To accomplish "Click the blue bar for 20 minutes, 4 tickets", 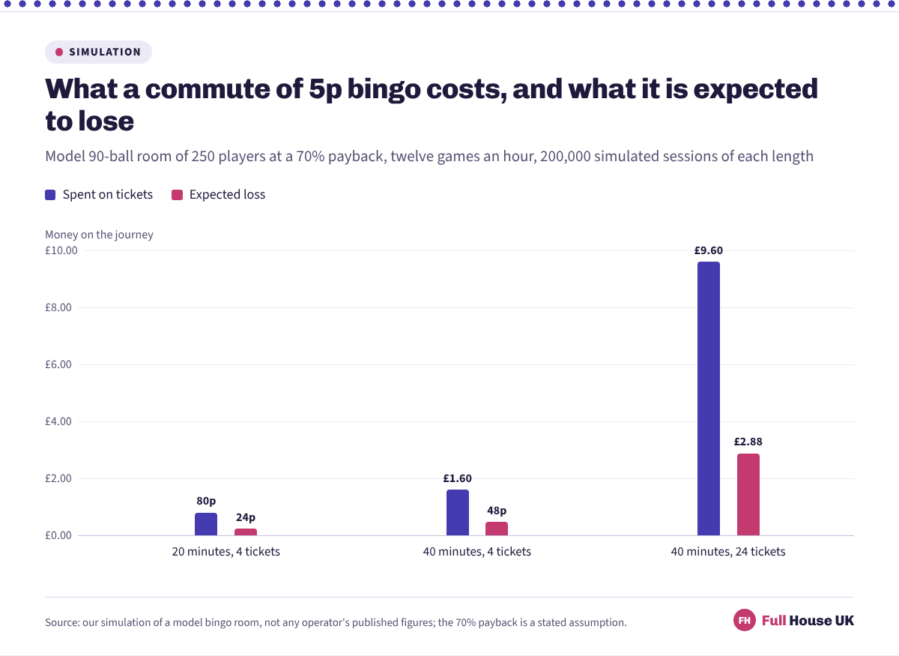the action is click(x=206, y=524).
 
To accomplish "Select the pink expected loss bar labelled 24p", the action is click(x=246, y=532).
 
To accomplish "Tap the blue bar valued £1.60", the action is click(x=458, y=513).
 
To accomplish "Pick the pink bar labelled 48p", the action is click(x=497, y=529).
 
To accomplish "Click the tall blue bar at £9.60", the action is click(x=709, y=399).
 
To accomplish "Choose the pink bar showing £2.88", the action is click(x=748, y=495).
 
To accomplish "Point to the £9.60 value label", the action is click(x=709, y=250).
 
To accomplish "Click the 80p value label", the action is click(x=206, y=501).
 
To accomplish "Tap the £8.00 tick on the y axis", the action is click(x=58, y=307).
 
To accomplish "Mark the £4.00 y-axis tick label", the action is click(x=58, y=421).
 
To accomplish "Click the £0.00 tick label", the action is click(x=58, y=535).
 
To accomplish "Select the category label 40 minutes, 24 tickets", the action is click(x=728, y=552).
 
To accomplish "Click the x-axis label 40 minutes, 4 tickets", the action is click(x=476, y=552).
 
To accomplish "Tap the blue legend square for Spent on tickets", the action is click(x=50, y=195).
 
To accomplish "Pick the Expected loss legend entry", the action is click(x=218, y=195).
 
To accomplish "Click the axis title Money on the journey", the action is click(x=99, y=235).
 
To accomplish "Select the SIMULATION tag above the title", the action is click(x=98, y=52).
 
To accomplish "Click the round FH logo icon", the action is click(x=745, y=620).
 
